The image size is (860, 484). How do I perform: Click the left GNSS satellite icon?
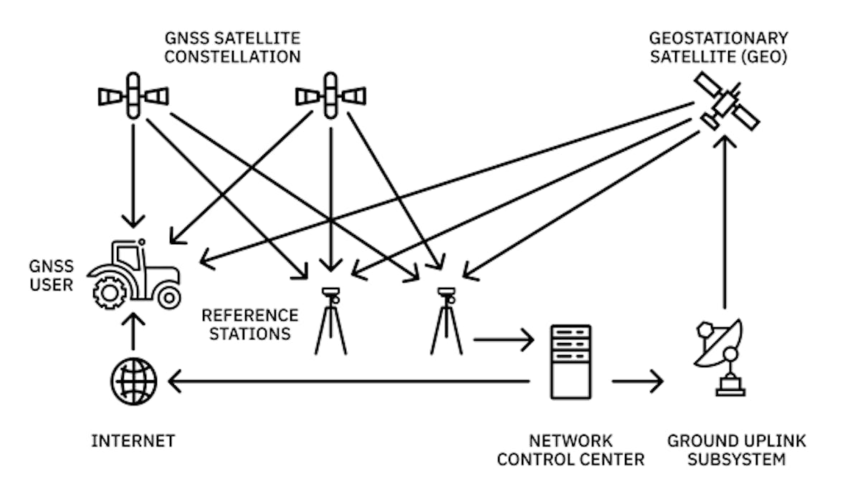pos(133,95)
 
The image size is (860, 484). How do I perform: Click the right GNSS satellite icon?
pos(330,95)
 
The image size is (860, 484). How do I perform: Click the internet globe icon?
pos(134,382)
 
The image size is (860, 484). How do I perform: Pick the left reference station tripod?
pos(330,321)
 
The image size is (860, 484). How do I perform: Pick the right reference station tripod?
pos(446,321)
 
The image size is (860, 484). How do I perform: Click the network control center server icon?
pos(570,362)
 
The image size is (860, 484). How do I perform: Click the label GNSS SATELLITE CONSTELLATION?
pos(232,47)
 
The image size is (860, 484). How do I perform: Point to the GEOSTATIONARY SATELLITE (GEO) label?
pos(719,47)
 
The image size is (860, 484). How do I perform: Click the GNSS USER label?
pos(52,276)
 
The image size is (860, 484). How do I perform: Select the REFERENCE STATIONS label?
pos(249,324)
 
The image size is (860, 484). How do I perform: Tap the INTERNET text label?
pos(133,441)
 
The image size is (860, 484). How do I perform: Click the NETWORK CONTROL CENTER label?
pos(570,450)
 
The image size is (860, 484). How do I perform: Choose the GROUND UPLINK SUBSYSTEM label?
pos(737,450)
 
